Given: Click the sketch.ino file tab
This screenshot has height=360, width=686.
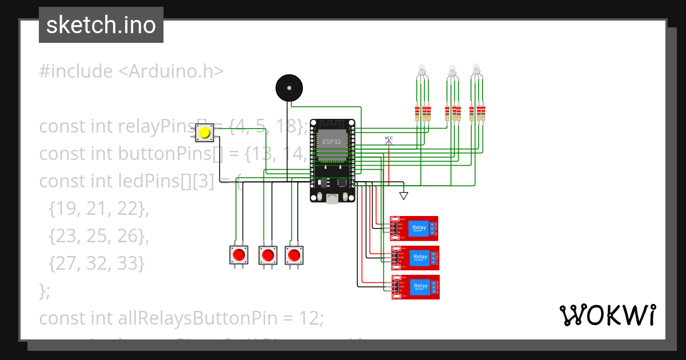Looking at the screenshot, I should [x=101, y=25].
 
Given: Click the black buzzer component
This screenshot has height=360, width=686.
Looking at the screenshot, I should [x=289, y=88].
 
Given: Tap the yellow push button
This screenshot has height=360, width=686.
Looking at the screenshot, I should [x=204, y=133].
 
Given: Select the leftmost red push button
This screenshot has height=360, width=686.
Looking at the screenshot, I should [x=240, y=255].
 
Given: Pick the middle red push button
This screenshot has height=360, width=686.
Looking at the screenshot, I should [x=268, y=255].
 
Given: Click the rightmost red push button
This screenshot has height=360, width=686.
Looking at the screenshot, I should [x=294, y=255].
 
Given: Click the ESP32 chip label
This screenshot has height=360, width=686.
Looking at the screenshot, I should [x=332, y=141].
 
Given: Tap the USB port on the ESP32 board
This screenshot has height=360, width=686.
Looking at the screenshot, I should [x=332, y=198].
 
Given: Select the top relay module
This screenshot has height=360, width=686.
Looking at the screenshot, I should [x=414, y=228].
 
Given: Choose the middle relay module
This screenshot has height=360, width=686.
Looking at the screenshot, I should [x=416, y=257].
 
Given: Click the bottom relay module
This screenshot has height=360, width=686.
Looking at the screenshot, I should [x=416, y=286].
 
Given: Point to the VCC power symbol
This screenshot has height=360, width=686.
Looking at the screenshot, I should [x=389, y=139].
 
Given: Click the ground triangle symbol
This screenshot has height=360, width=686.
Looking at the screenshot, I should [x=404, y=196].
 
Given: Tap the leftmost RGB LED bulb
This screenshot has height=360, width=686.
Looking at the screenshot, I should [x=422, y=70].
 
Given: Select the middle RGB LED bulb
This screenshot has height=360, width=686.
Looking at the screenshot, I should [x=452, y=70].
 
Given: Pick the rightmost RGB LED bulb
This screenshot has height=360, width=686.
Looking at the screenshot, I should [x=476, y=70].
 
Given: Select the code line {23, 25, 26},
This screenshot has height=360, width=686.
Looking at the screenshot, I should [x=99, y=236].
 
